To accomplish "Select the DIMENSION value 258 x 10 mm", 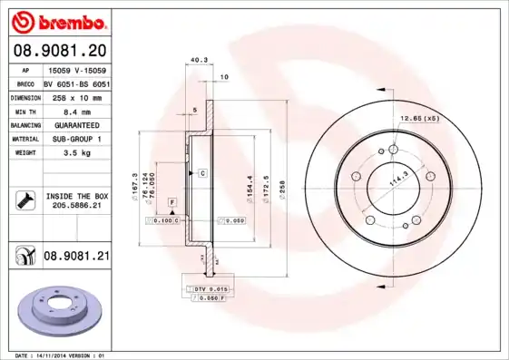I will (75, 96).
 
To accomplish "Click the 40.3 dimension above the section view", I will (194, 62).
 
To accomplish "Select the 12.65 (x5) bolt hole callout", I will (420, 119).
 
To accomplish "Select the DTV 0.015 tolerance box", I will (208, 287).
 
